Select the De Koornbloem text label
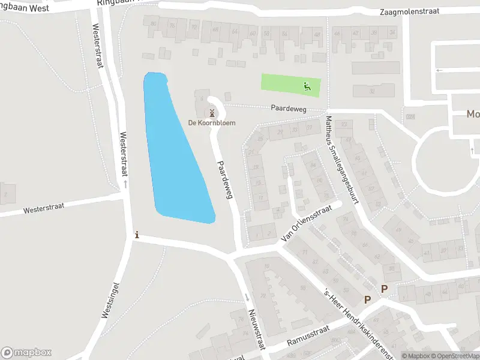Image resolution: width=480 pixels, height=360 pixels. pyautogui.click(x=212, y=123)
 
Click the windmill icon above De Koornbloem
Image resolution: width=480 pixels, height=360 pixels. pyautogui.click(x=211, y=112)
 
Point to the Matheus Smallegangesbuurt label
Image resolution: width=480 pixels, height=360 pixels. pyautogui.click(x=341, y=160)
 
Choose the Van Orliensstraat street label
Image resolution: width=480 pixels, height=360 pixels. pyautogui.click(x=306, y=226)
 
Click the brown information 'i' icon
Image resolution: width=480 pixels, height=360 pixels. pyautogui.click(x=137, y=235)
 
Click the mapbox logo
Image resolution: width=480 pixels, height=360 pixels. pyautogui.click(x=26, y=352)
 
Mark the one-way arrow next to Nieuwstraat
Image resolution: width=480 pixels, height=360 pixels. pyautogui.click(x=247, y=298)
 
